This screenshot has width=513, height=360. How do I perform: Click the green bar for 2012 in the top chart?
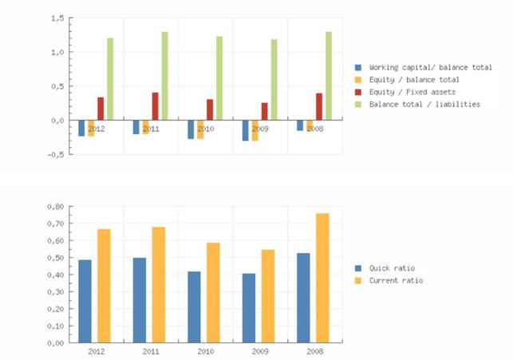(110, 78)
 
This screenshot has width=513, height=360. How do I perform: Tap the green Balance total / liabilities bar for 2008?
(328, 76)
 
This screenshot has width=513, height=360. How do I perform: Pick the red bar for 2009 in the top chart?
(264, 111)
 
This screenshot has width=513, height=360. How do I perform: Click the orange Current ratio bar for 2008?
(322, 278)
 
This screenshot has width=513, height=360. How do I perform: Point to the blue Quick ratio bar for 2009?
(249, 308)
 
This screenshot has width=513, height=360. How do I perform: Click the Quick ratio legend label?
(392, 268)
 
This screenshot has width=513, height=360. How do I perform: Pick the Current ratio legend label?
(397, 281)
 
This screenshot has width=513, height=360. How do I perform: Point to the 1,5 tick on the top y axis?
(57, 18)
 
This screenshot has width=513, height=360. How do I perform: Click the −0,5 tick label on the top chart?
(53, 155)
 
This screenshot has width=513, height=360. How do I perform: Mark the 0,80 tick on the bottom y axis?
(55, 206)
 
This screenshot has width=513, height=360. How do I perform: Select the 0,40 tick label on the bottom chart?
(55, 275)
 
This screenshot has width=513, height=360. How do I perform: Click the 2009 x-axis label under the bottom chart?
(260, 351)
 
